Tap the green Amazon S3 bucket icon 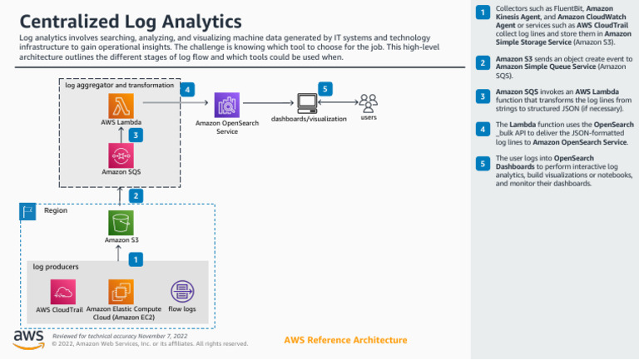121,223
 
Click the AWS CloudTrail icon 63,292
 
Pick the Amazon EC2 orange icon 121,292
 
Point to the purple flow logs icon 181,292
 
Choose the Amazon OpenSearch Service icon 227,105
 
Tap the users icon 368,102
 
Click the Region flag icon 27,212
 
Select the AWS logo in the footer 28,338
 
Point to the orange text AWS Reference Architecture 345,340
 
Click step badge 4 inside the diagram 188,89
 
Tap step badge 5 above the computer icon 326,88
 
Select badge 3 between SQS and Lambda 136,134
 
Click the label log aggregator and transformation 120,85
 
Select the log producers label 56,267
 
